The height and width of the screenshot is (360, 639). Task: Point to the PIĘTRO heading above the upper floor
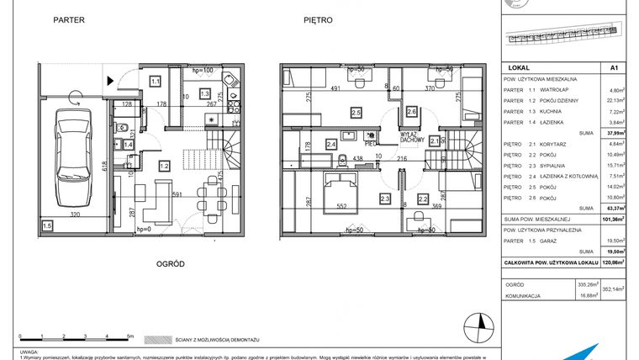pyautogui.click(x=320, y=19)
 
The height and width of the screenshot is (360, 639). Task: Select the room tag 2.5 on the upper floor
pyautogui.click(x=356, y=112)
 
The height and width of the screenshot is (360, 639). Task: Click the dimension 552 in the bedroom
pyautogui.click(x=343, y=206)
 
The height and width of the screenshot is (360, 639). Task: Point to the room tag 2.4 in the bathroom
pyautogui.click(x=331, y=145)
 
